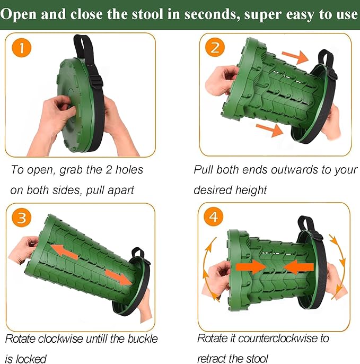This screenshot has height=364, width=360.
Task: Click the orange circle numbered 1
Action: [x=21, y=48]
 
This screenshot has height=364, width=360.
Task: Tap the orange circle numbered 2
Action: [x=215, y=47]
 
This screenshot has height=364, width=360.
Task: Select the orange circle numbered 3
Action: [x=21, y=218]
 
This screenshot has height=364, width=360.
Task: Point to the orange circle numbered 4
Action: [x=213, y=217]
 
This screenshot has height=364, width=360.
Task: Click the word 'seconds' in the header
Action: [x=212, y=14]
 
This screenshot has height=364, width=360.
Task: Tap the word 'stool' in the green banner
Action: [x=147, y=14]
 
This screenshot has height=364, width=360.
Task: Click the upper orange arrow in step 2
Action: [x=295, y=57]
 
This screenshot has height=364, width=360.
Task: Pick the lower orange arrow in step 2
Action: [x=269, y=130]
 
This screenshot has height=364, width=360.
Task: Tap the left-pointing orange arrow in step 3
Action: [x=64, y=253]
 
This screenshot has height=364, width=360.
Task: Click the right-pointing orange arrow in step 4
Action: [x=251, y=267]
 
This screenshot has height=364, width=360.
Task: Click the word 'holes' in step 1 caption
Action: [x=129, y=170]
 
